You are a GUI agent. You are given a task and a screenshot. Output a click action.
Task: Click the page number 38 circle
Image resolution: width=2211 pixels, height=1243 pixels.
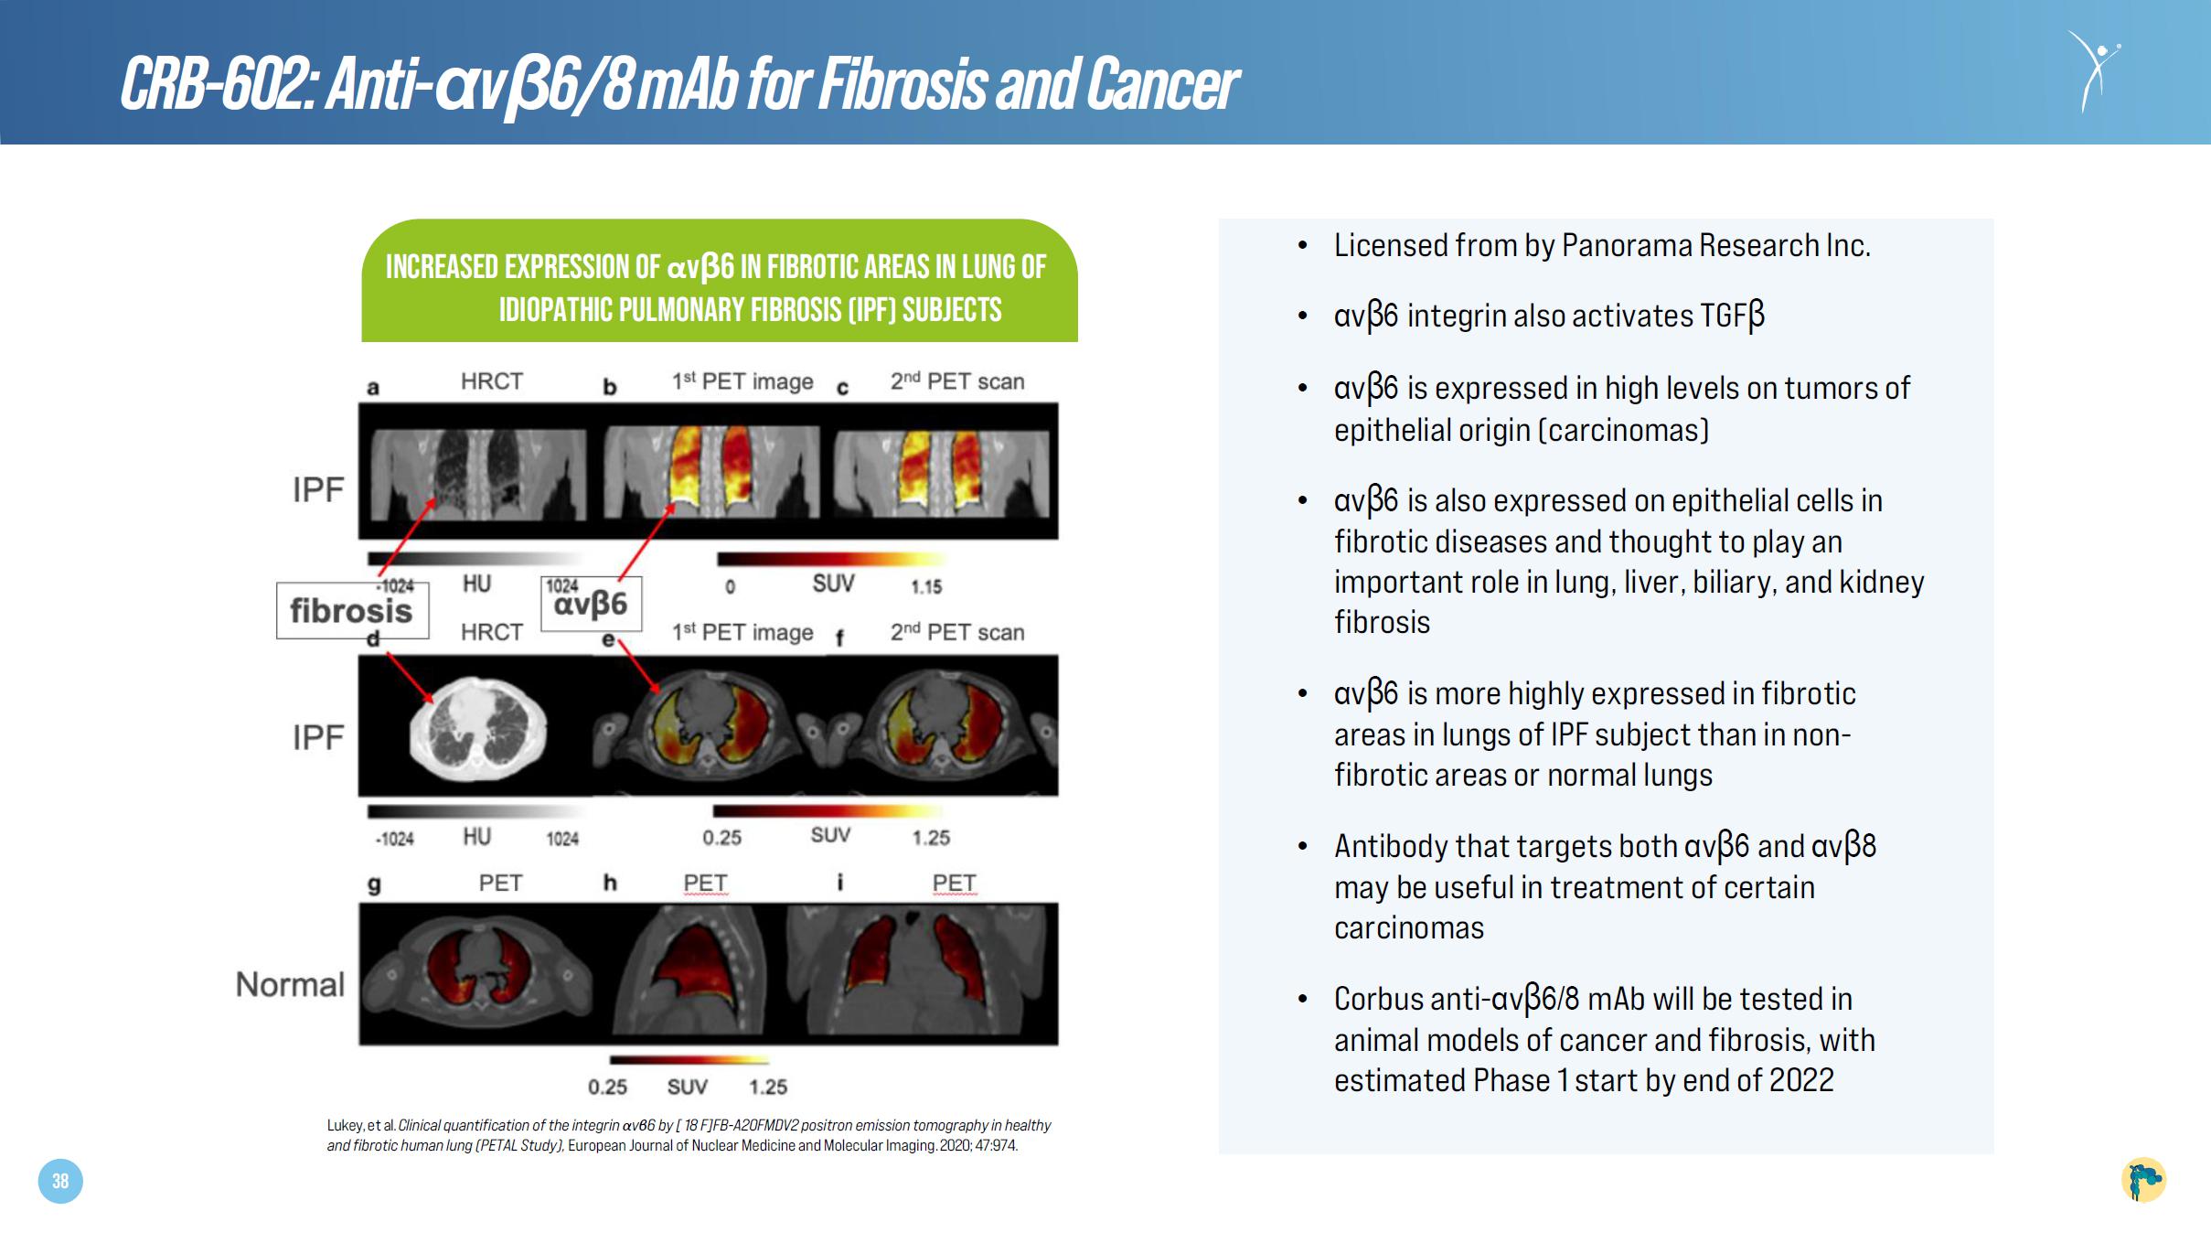[x=60, y=1181]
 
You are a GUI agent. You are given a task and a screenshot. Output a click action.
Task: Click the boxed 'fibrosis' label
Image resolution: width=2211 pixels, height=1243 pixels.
[x=352, y=610]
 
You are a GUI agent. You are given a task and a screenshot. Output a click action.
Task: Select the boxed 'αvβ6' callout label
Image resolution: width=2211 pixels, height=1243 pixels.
[x=591, y=604]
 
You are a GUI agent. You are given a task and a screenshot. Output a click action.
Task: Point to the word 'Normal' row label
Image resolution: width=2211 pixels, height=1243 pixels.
[x=290, y=984]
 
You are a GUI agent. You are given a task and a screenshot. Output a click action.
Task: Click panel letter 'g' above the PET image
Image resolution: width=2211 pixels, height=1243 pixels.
[x=373, y=884]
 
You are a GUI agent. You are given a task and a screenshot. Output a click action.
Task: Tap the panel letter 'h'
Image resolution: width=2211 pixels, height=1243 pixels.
[x=610, y=882]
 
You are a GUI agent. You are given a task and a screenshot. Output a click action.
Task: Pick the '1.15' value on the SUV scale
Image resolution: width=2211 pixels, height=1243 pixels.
[x=926, y=586]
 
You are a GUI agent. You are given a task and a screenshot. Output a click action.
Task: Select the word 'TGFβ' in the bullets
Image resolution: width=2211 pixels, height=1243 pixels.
[x=1732, y=316]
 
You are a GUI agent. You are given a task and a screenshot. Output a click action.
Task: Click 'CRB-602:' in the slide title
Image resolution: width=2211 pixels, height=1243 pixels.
[x=219, y=84]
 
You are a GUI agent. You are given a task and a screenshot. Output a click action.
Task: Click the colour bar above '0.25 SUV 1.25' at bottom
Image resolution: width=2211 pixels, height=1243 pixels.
[x=689, y=1060]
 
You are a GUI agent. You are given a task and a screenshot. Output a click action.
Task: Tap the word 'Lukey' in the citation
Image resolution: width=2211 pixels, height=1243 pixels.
[x=346, y=1126]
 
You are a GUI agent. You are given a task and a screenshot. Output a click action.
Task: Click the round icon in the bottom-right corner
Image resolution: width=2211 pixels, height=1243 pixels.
[x=2143, y=1180]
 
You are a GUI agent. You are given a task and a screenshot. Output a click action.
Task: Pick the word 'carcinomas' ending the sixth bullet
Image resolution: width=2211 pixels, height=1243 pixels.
[x=1409, y=927]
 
